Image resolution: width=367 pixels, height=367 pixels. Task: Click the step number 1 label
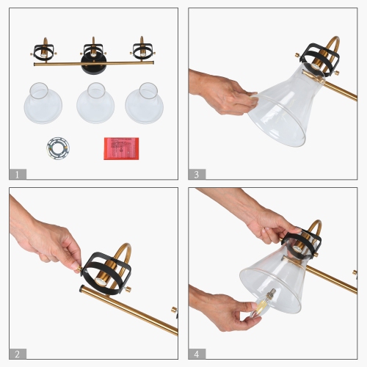tap(18, 174)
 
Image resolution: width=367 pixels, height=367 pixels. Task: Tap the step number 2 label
tap(18, 353)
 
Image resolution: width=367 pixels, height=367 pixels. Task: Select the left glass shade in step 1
tap(43, 104)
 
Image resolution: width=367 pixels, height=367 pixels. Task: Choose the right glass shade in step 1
tap(144, 104)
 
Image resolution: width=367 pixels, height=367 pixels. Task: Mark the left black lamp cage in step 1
tap(42, 51)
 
